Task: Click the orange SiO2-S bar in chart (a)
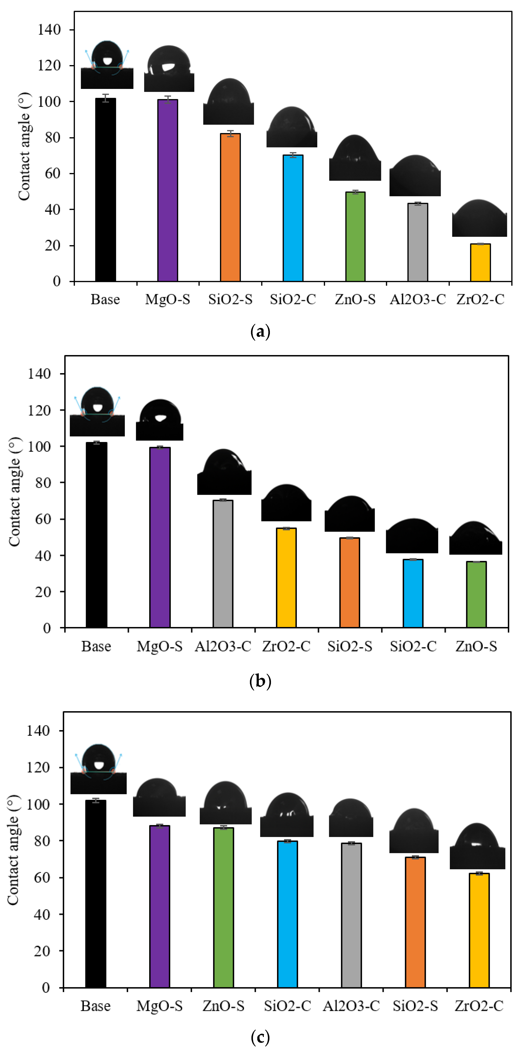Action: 230,207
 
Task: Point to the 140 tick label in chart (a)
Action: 49,29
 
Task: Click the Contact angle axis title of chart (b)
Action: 14,492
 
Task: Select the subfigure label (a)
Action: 260,331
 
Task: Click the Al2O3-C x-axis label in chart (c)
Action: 351,1006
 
